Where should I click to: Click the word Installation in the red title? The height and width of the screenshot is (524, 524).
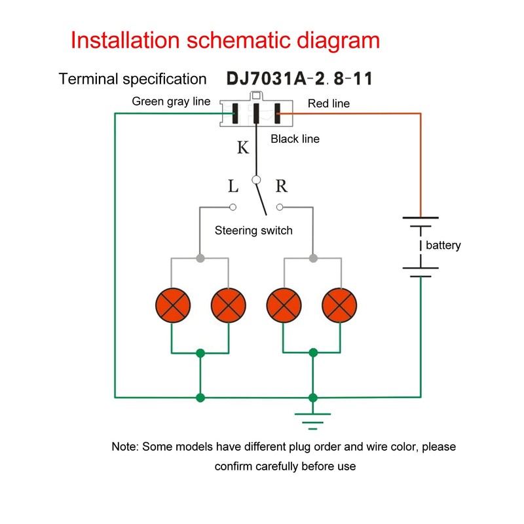click(x=125, y=40)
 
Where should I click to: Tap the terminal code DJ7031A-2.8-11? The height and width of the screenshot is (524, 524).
click(x=299, y=79)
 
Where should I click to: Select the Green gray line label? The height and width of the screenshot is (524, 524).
click(x=171, y=102)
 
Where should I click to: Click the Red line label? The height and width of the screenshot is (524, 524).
click(x=329, y=103)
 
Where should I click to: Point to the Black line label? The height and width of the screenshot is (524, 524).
click(x=295, y=139)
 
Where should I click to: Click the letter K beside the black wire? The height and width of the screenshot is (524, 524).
click(x=243, y=147)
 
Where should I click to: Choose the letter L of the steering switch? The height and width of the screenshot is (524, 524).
click(x=233, y=186)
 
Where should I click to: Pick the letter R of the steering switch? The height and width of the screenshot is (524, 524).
click(x=282, y=186)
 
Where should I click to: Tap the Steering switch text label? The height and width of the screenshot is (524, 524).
click(x=253, y=231)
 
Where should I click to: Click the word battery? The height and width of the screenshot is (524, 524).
click(x=443, y=245)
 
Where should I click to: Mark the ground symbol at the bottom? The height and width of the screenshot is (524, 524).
click(x=313, y=421)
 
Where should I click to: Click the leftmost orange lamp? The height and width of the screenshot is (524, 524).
click(x=173, y=305)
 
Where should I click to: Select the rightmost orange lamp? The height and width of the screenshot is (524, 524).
click(x=339, y=305)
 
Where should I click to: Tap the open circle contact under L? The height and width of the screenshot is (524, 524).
click(x=233, y=207)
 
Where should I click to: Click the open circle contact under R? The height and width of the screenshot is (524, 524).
click(x=280, y=207)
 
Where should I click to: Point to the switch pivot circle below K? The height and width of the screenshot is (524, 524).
click(x=256, y=180)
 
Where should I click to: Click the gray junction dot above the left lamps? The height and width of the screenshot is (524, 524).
click(x=200, y=258)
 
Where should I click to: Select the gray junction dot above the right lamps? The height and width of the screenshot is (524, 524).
click(x=313, y=258)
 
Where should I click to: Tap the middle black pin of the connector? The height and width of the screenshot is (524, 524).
click(x=256, y=113)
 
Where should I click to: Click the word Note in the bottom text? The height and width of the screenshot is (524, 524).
click(x=123, y=447)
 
